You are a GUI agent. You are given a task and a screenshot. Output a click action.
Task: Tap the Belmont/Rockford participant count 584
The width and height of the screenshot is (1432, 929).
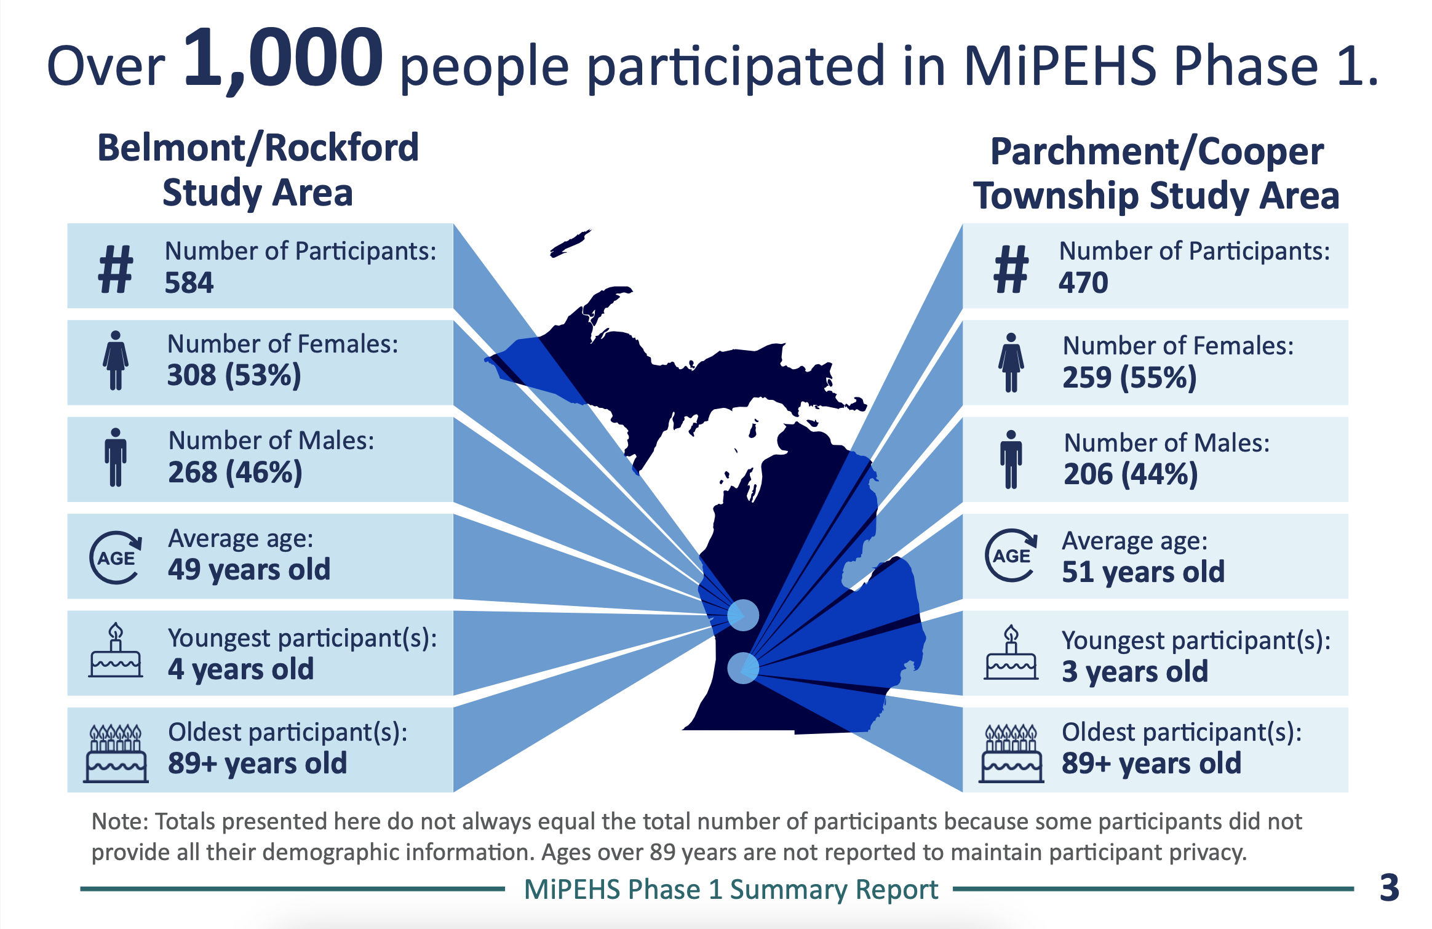(x=189, y=283)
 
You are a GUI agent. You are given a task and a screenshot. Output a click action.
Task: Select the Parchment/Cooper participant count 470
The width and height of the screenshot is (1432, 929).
(x=1083, y=283)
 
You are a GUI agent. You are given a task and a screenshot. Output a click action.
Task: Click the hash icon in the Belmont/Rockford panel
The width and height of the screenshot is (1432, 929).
(x=116, y=269)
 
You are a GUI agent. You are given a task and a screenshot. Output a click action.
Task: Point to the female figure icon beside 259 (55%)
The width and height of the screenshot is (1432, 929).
(x=1011, y=363)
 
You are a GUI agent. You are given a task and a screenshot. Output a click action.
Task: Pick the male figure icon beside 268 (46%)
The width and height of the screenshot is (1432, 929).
(x=116, y=458)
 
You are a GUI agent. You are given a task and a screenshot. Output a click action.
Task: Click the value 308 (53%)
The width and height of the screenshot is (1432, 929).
(x=234, y=375)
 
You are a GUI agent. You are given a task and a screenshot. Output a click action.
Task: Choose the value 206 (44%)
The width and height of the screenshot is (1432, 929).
(x=1131, y=474)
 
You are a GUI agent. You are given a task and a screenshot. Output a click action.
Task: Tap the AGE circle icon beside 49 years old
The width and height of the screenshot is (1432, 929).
(x=116, y=557)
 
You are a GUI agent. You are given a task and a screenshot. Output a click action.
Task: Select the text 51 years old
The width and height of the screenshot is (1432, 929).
(x=1143, y=572)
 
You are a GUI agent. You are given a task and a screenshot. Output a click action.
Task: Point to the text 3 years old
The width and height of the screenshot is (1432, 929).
(x=1134, y=671)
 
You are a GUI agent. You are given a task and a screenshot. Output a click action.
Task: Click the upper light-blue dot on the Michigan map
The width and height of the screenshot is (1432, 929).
(x=743, y=615)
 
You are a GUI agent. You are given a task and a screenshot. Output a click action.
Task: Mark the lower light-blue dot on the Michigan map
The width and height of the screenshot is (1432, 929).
(x=743, y=668)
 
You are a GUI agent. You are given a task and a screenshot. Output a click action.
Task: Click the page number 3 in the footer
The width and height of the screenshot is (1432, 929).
(x=1389, y=888)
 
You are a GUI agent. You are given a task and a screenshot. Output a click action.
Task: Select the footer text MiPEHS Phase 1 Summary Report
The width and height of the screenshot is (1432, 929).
(x=731, y=890)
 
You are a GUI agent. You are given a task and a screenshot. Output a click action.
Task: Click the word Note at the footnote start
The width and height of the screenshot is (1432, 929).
(x=119, y=822)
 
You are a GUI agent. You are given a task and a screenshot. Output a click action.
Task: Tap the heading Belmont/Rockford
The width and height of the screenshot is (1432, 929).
(x=258, y=148)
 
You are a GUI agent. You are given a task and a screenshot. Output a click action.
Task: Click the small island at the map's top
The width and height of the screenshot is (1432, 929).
(x=570, y=244)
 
